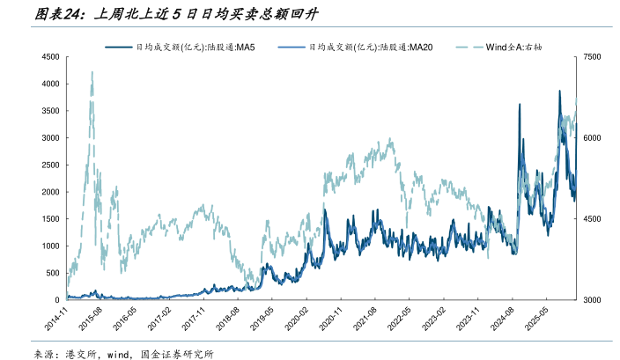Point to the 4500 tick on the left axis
coord(49,57)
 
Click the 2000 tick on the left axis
coord(49,192)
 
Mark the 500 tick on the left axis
coord(52,273)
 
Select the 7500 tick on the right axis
coord(592,57)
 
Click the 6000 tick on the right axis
coord(592,138)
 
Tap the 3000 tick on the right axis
coord(592,300)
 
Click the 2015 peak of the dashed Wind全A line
coord(92,74)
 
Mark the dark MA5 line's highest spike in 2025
coord(559,91)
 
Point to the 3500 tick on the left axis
coord(49,111)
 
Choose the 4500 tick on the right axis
coord(592,219)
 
